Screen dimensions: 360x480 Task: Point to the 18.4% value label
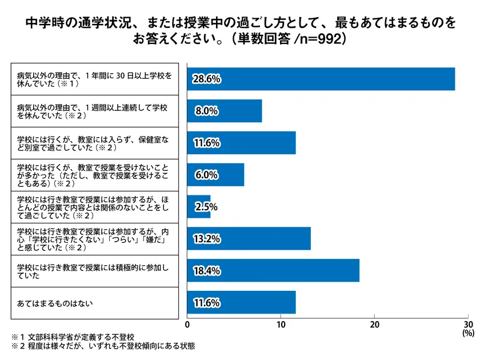click(207, 271)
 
